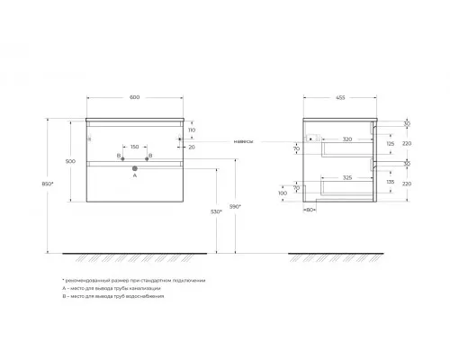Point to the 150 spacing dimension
tap(133, 146)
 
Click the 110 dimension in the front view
tap(192, 130)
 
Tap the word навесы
tap(244, 140)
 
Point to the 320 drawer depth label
tap(346, 139)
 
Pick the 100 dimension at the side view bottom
tap(283, 193)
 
